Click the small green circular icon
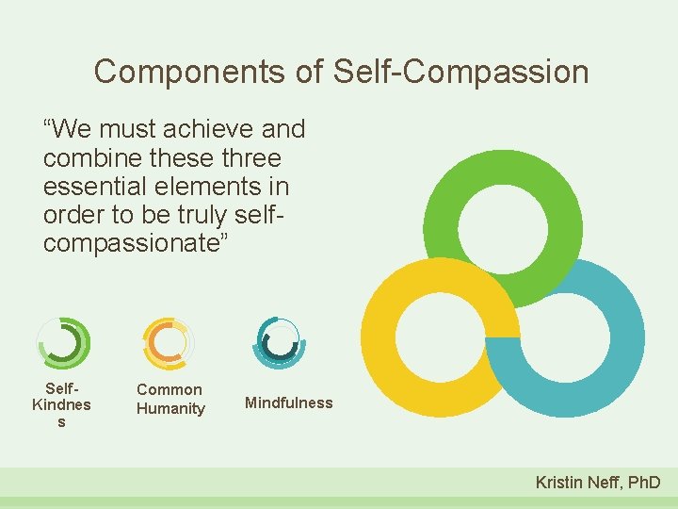(x=63, y=341)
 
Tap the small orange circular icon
(x=168, y=341)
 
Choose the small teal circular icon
(x=279, y=341)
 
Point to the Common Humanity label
(x=170, y=399)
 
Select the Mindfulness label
(x=288, y=402)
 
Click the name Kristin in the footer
(x=559, y=483)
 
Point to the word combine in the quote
(x=86, y=157)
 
